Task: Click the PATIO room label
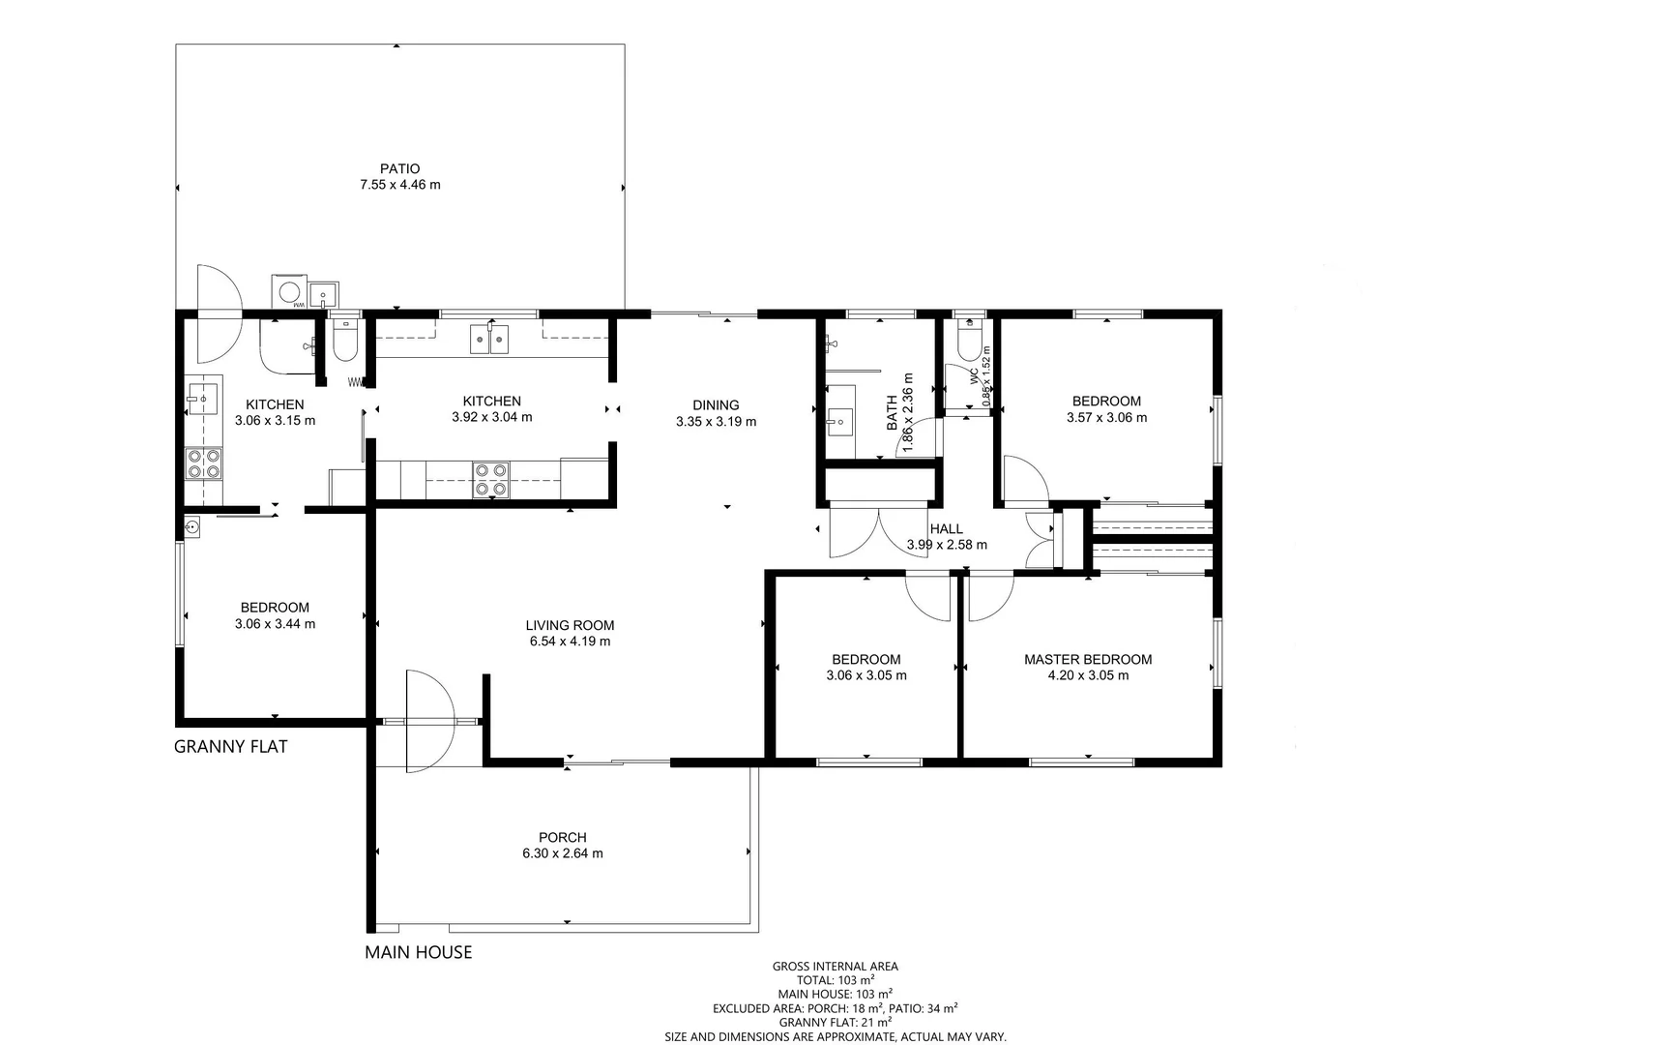(x=399, y=169)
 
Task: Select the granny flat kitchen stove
(x=203, y=463)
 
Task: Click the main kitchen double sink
(x=489, y=339)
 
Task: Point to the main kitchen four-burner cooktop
(x=490, y=479)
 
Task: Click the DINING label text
(x=716, y=405)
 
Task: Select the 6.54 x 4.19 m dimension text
(x=570, y=642)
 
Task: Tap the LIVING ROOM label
(x=570, y=625)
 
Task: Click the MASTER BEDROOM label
(x=1088, y=660)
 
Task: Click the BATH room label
(x=892, y=413)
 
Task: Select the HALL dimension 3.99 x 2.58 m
(x=947, y=545)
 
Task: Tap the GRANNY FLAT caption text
(x=230, y=747)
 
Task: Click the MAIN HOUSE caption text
(x=418, y=952)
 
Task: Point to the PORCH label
(x=562, y=838)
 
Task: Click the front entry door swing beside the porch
(x=428, y=721)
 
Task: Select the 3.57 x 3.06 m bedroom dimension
(x=1106, y=418)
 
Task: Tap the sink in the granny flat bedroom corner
(x=191, y=527)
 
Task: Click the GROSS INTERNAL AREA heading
(x=835, y=967)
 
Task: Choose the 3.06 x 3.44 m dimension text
(x=275, y=624)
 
